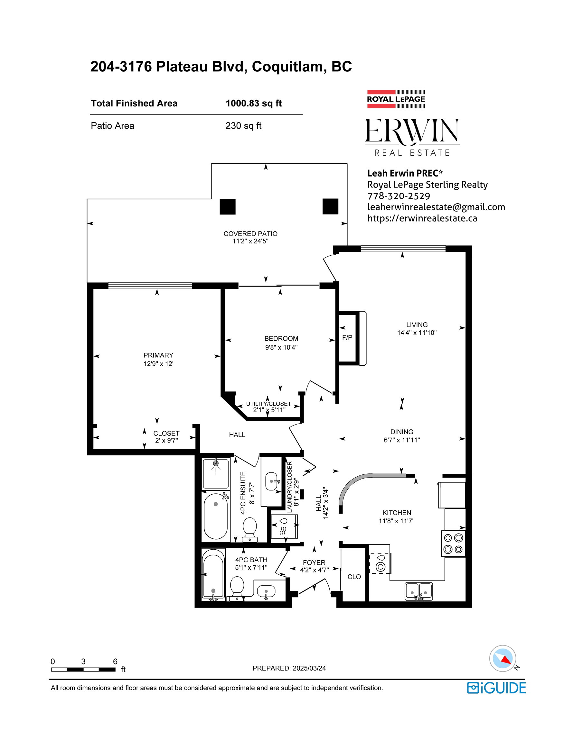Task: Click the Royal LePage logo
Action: pyautogui.click(x=396, y=99)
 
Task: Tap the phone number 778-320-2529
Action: pyautogui.click(x=399, y=196)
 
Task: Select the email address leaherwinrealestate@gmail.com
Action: pyautogui.click(x=436, y=207)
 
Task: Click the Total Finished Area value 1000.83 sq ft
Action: pyautogui.click(x=254, y=104)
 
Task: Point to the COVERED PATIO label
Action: pyautogui.click(x=250, y=234)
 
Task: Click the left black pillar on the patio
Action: pyautogui.click(x=228, y=206)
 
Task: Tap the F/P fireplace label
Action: pyautogui.click(x=347, y=338)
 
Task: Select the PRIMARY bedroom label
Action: pyautogui.click(x=158, y=355)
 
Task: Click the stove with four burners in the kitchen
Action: pyautogui.click(x=454, y=544)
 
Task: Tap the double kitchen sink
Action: pyautogui.click(x=419, y=591)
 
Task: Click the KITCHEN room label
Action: pyautogui.click(x=397, y=513)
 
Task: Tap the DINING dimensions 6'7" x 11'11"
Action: pyautogui.click(x=402, y=440)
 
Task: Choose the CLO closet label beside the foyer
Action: pyautogui.click(x=354, y=577)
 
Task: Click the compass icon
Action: pyautogui.click(x=503, y=658)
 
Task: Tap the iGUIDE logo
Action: pyautogui.click(x=496, y=688)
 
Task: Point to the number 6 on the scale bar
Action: pyautogui.click(x=115, y=661)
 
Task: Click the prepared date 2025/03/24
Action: pyautogui.click(x=309, y=668)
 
